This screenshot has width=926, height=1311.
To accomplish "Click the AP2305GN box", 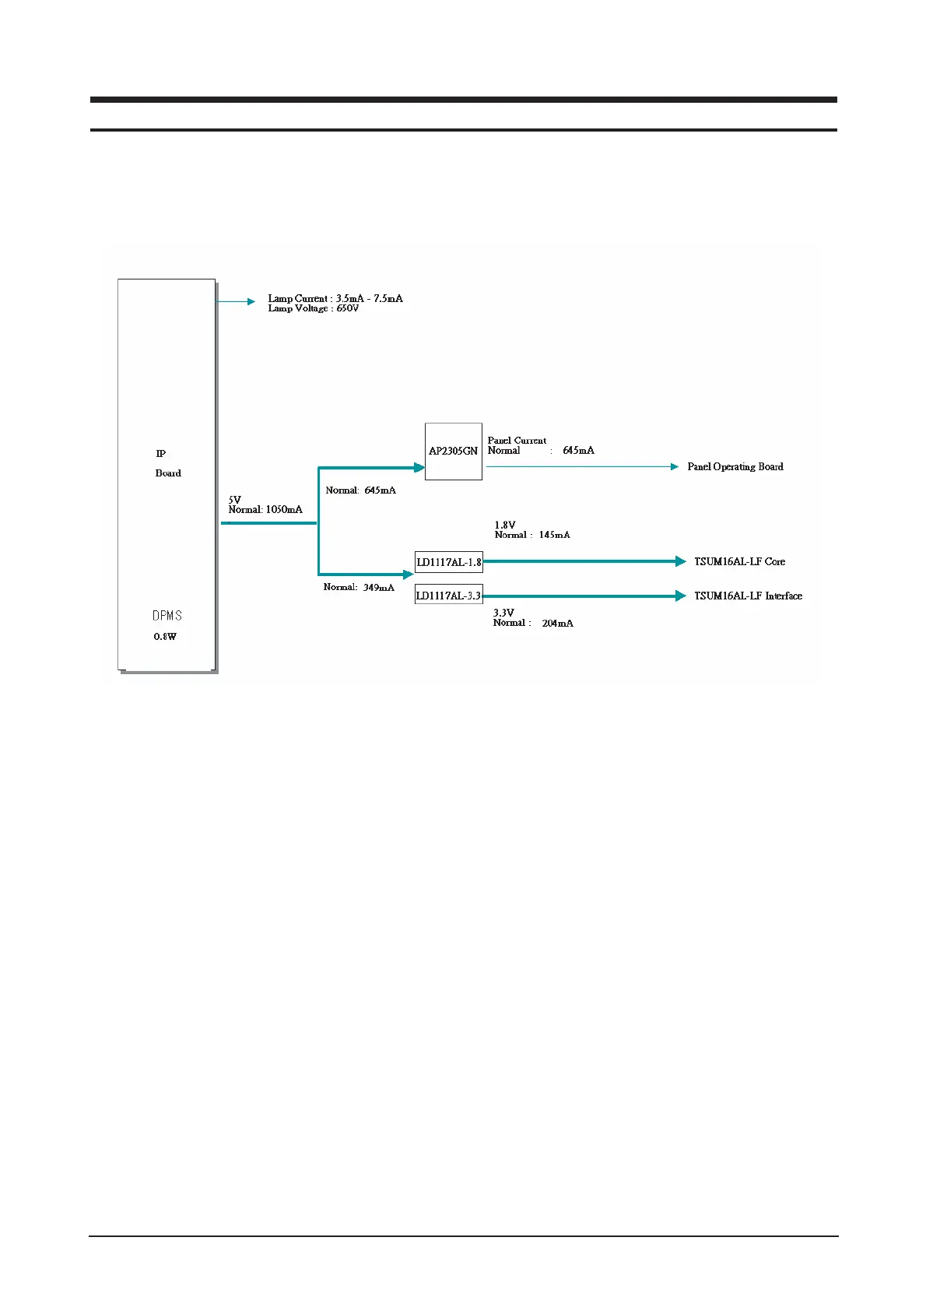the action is tap(454, 452).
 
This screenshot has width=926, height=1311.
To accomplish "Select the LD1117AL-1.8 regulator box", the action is tap(449, 562).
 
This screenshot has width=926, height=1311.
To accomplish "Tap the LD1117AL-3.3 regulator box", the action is tap(449, 596).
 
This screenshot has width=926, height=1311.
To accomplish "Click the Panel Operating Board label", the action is tap(735, 467).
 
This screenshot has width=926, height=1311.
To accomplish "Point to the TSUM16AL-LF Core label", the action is tap(739, 561).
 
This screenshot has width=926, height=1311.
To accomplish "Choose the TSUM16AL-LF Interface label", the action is tap(748, 596).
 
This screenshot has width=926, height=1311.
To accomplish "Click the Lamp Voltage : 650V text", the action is tap(314, 308).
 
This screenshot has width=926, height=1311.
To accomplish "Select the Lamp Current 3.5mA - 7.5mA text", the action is tap(335, 298).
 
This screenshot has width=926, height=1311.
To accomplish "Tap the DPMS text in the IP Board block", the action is tap(167, 616).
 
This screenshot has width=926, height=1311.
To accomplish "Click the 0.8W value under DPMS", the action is tap(165, 637).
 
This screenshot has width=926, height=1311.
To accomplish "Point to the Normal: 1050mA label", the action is tap(265, 510).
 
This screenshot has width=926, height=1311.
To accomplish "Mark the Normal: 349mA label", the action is tap(359, 587).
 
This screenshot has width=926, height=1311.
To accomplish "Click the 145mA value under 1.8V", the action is tap(554, 535).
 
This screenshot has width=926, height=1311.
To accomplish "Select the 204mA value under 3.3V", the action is tap(557, 623).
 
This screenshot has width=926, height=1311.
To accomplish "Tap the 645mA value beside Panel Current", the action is tap(578, 451).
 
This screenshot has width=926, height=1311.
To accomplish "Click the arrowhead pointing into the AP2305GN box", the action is tap(419, 468).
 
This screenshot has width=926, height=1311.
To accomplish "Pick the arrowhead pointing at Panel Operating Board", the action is tap(674, 467).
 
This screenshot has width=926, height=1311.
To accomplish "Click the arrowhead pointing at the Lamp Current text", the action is tap(251, 301).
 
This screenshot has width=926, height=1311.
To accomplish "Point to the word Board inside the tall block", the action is tap(168, 473).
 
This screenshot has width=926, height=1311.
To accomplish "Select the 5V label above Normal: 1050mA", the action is tap(234, 500).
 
